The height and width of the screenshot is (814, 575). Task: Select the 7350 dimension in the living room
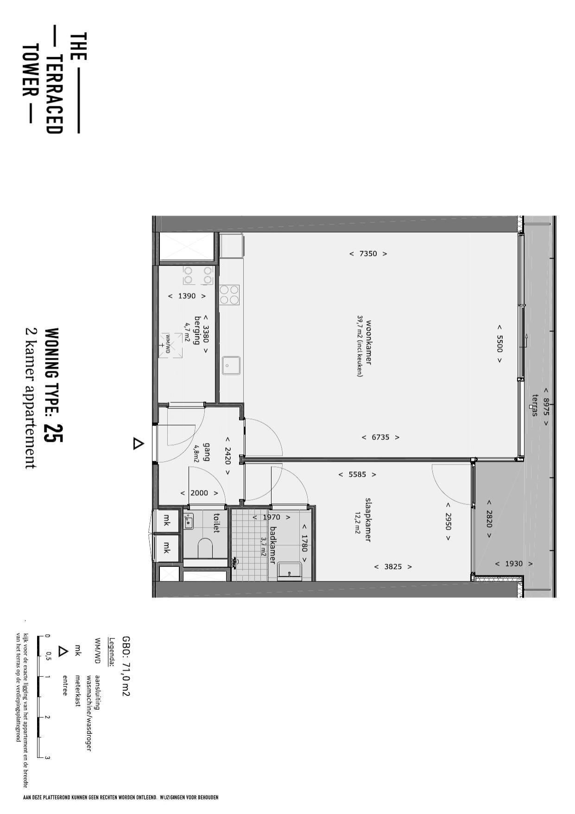[x=368, y=254]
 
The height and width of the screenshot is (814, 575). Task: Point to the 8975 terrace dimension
[x=546, y=407]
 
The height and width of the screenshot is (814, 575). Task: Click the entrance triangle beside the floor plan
[x=138, y=444]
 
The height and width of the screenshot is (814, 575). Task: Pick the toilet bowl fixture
[x=204, y=548]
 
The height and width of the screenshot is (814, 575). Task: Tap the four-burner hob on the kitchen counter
[x=229, y=295]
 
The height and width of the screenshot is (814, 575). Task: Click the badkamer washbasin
[x=289, y=571]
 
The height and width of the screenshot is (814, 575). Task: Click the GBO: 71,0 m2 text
[x=126, y=666]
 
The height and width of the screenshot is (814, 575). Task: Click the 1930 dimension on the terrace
[x=514, y=564]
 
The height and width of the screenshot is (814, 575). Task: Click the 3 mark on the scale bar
[x=47, y=758]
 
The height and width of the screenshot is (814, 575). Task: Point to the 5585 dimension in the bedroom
[x=357, y=475]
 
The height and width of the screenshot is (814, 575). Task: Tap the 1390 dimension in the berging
[x=187, y=296]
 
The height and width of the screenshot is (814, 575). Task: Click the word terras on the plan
[x=535, y=405]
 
